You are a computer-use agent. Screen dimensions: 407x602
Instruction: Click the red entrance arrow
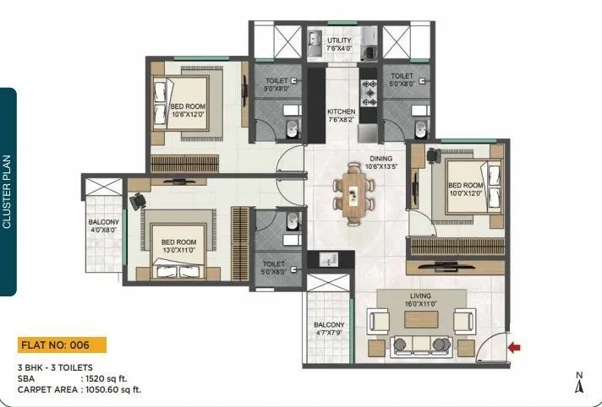pyautogui.click(x=514, y=345)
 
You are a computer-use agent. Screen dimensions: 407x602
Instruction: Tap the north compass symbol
pyautogui.click(x=579, y=383)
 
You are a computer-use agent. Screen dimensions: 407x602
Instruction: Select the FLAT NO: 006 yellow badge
pyautogui.click(x=63, y=345)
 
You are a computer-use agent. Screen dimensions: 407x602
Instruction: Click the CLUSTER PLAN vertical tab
pyautogui.click(x=8, y=192)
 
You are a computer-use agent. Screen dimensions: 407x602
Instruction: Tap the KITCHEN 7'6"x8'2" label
pyautogui.click(x=342, y=116)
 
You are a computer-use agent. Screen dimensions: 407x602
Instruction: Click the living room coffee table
pyautogui.click(x=419, y=321)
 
